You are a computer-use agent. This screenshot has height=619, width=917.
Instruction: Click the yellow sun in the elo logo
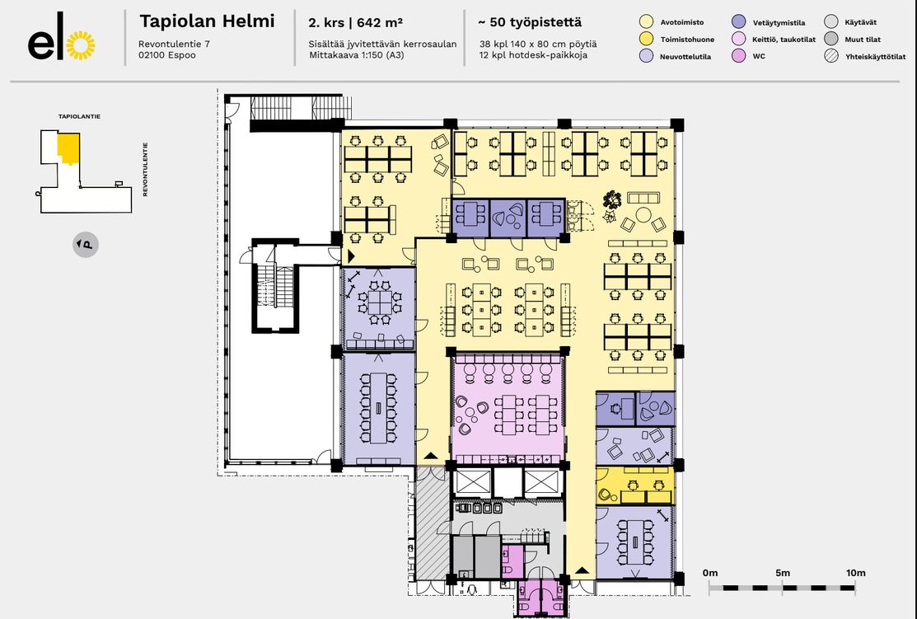click(x=81, y=45)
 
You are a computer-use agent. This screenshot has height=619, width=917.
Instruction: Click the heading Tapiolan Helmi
click(x=207, y=21)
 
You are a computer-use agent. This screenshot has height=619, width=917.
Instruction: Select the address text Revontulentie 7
click(x=175, y=44)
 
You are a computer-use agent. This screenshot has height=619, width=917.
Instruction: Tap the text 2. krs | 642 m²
click(x=355, y=23)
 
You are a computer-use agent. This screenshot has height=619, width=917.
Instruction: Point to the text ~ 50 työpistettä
click(x=530, y=22)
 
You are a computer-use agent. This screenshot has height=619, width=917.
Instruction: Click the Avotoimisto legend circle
click(x=646, y=22)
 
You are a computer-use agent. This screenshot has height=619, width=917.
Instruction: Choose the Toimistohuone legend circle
click(x=646, y=40)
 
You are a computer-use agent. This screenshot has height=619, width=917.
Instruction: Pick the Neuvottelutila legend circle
click(x=646, y=56)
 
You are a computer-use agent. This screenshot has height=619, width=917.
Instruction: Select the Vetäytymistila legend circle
click(x=739, y=22)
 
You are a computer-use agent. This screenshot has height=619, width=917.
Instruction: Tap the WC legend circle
click(x=739, y=56)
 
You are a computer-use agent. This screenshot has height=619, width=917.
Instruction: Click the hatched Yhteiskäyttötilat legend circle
click(x=831, y=56)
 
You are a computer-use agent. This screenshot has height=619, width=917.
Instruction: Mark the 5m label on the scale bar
click(x=783, y=573)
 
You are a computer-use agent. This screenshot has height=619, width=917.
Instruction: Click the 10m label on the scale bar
click(x=855, y=573)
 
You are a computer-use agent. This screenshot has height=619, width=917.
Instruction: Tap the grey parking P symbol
click(x=86, y=244)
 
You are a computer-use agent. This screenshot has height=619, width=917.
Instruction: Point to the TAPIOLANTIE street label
click(x=80, y=116)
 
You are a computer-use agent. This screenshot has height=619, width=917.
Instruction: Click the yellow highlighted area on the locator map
click(x=68, y=148)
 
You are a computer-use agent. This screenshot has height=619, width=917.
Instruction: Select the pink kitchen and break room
click(x=508, y=408)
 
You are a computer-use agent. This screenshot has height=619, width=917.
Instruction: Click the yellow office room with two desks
click(x=635, y=485)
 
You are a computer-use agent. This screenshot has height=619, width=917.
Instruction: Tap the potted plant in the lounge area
click(x=611, y=200)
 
